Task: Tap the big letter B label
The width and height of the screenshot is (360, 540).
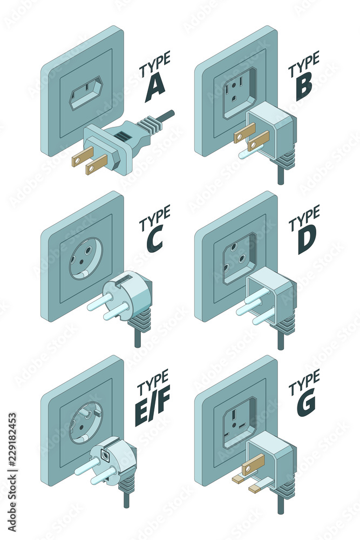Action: coord(304,87)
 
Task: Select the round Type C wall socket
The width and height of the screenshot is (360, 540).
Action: coord(86,258)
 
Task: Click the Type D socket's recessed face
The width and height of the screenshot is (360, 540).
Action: coord(240,258)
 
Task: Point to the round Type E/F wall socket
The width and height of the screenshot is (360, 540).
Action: coord(86,423)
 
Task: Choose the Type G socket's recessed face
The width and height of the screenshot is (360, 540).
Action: coord(240,423)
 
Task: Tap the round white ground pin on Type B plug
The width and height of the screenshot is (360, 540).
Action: coord(250,152)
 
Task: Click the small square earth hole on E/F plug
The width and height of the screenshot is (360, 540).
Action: coord(105,455)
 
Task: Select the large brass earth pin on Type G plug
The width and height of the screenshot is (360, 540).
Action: coord(253,462)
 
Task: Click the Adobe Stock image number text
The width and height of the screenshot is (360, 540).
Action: coord(12,472)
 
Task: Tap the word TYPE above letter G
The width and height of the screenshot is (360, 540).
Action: coord(304,383)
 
